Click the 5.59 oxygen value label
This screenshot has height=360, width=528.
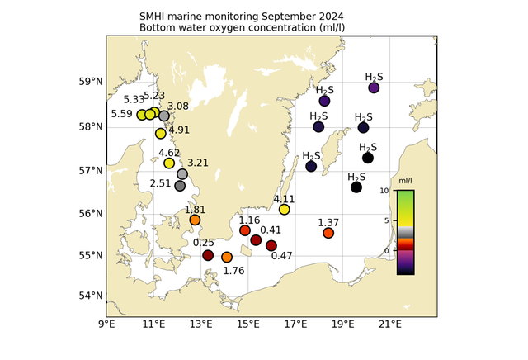point(122,114)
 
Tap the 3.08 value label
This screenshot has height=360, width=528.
point(178,107)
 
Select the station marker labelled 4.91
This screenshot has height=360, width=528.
point(161,134)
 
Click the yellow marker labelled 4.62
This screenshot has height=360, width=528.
point(169,163)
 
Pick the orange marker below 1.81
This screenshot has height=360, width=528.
point(195,220)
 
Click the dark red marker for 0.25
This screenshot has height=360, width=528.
point(208,255)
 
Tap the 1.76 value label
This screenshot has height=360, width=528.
point(233,270)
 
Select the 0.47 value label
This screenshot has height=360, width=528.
point(282,256)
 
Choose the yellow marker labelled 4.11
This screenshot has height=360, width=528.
point(285,210)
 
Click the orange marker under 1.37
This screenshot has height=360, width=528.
point(328,233)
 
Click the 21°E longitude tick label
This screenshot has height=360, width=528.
point(390,324)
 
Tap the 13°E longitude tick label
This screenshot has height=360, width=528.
point(201,324)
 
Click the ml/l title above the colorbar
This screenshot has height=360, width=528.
point(406,181)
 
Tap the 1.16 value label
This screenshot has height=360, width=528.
point(250,220)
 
